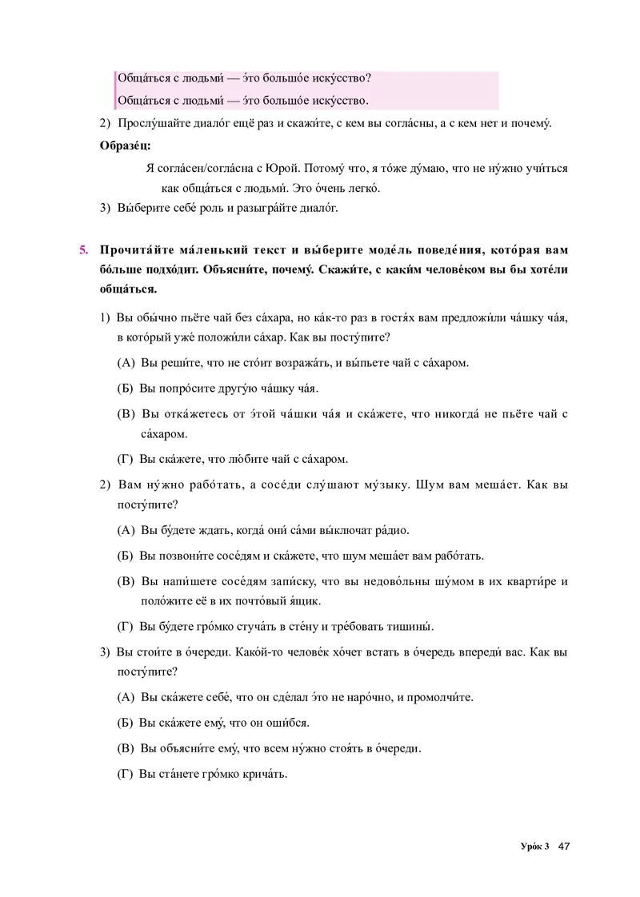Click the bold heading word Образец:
coord(124,145)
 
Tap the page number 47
coord(564,847)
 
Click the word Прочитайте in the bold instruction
coord(132,249)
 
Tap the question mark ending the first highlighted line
coord(368,78)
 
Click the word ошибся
coord(287,723)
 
